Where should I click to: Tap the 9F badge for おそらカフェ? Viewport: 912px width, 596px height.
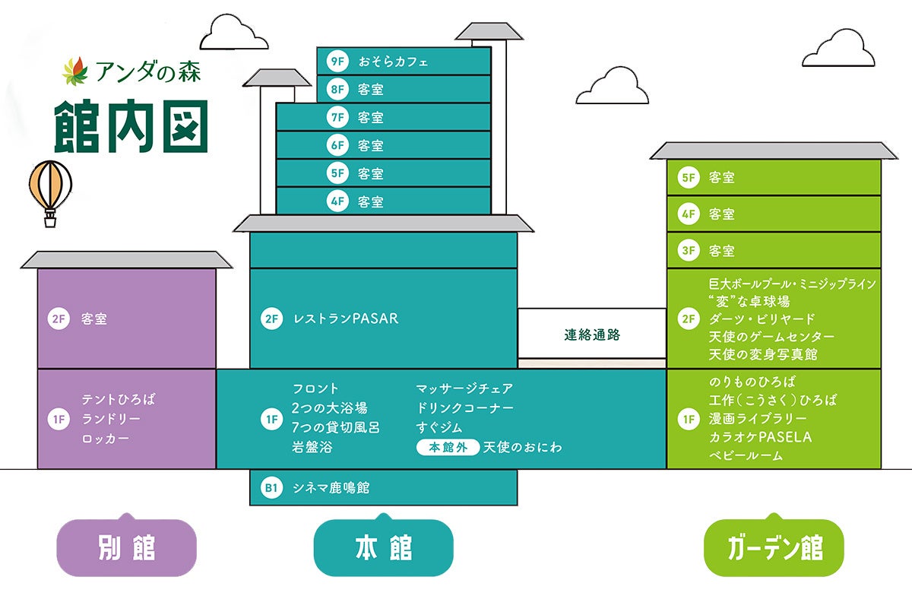[337, 62]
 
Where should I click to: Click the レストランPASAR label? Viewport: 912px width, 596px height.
[346, 319]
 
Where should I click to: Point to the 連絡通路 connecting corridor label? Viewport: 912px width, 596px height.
[591, 334]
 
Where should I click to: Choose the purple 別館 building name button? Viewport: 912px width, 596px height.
[127, 547]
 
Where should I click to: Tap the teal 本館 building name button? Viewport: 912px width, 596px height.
[384, 547]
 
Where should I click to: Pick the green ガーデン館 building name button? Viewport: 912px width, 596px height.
[774, 547]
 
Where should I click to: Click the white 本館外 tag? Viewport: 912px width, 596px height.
[448, 447]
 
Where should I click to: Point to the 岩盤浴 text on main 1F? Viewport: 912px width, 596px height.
[312, 447]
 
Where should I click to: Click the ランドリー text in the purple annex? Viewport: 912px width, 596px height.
[112, 419]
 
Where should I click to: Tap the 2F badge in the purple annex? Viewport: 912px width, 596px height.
[59, 319]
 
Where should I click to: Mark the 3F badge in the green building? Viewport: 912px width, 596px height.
[689, 250]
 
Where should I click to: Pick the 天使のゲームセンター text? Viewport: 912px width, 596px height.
[771, 337]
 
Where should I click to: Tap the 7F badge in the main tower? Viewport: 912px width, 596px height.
[337, 117]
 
